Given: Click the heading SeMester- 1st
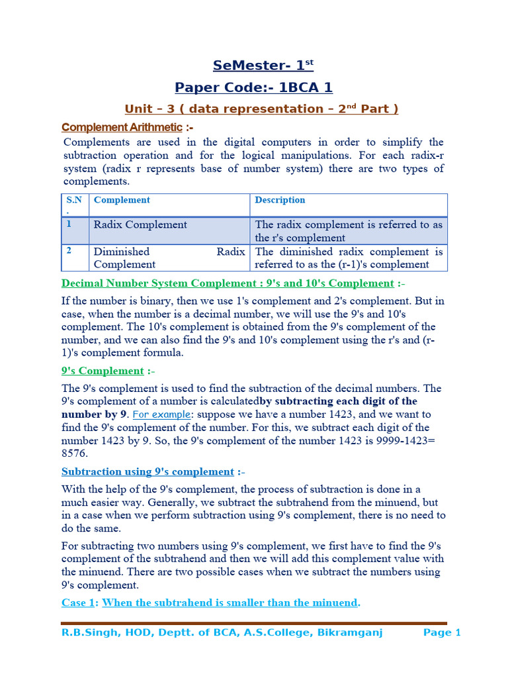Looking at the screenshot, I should (x=263, y=66).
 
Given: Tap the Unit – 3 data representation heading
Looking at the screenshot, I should (x=262, y=109).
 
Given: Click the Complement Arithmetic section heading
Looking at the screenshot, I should (x=121, y=127).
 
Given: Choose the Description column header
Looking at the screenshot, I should (x=280, y=200).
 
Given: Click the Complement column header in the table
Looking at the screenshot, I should (x=122, y=200).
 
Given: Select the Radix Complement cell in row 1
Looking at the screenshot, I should (x=140, y=224).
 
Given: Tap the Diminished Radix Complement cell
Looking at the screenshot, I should (x=169, y=258).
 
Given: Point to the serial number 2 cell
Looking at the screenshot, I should (x=69, y=251).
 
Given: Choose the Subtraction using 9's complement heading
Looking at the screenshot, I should (x=148, y=471).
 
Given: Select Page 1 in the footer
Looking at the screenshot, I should (x=442, y=633).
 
